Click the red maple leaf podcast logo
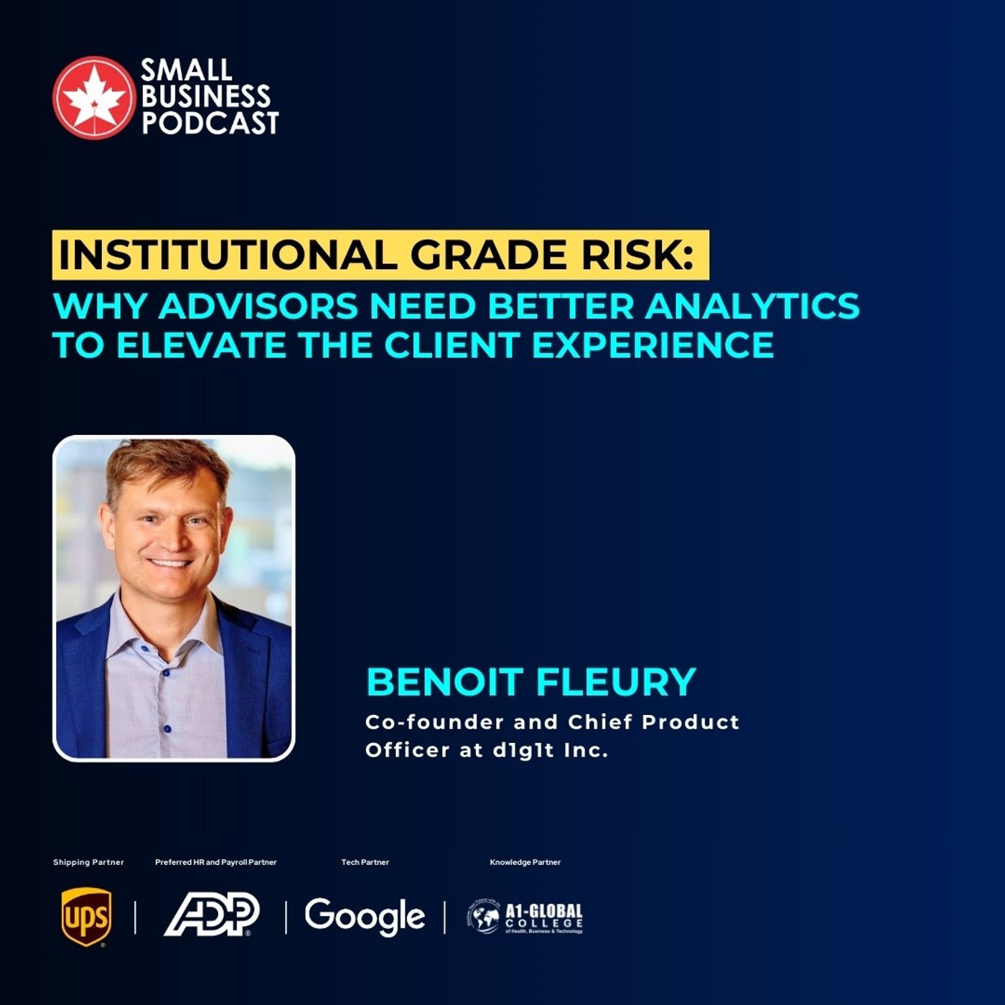pyautogui.click(x=93, y=97)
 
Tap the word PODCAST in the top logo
pyautogui.click(x=210, y=123)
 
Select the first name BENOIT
pyautogui.click(x=445, y=681)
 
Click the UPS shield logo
pyautogui.click(x=86, y=917)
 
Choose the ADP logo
pyautogui.click(x=212, y=915)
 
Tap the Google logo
pyautogui.click(x=365, y=916)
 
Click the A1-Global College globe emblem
pyautogui.click(x=485, y=917)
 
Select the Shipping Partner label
pyautogui.click(x=88, y=862)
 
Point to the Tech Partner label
pyautogui.click(x=365, y=862)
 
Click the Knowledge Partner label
pyautogui.click(x=525, y=862)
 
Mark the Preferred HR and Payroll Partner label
pyautogui.click(x=215, y=862)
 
